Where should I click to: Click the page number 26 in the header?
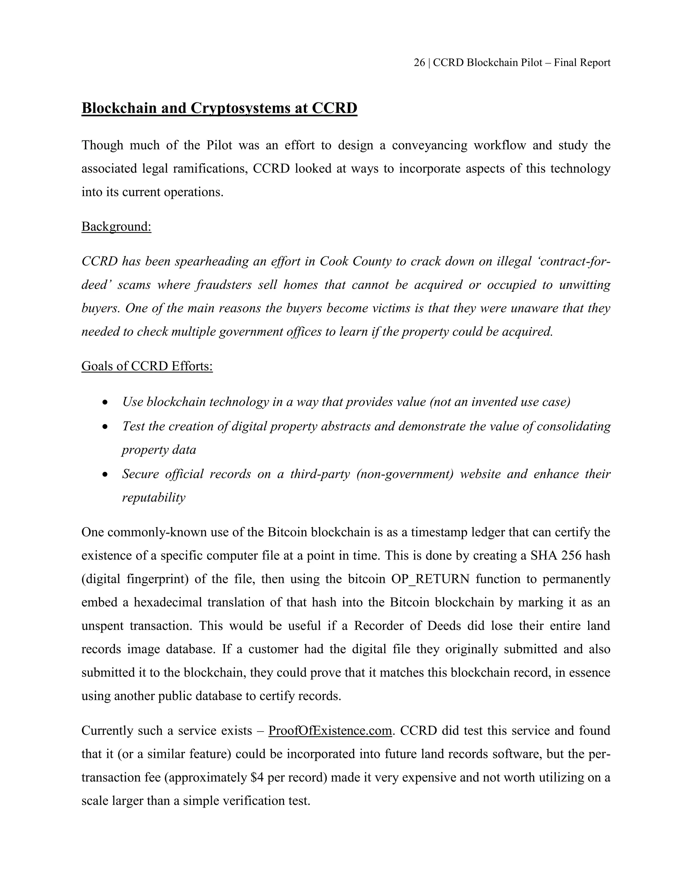419,63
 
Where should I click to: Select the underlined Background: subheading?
117,227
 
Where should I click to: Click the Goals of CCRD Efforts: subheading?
147,366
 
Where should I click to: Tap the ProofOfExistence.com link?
330,731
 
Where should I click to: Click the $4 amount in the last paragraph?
257,777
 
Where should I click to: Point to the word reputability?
154,497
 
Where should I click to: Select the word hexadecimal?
168,603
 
